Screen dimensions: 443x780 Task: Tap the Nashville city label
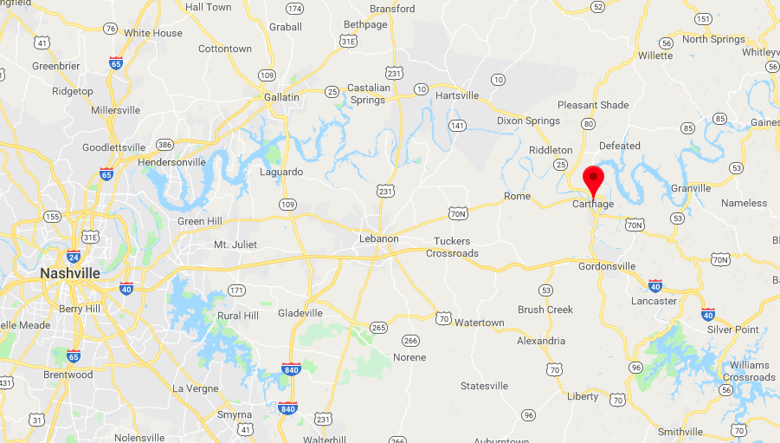pos(69,273)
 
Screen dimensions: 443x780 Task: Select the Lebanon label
pos(379,238)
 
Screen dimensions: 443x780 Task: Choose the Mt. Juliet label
pos(235,244)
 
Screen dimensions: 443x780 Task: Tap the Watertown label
pos(479,322)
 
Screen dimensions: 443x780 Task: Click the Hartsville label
pos(456,95)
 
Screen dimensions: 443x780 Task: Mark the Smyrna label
pos(234,415)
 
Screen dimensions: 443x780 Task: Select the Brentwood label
pos(68,375)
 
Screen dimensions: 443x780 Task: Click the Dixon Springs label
pos(530,121)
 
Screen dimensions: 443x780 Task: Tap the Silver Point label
pos(732,329)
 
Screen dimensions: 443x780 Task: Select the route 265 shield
pos(377,327)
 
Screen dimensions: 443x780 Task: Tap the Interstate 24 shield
pos(74,257)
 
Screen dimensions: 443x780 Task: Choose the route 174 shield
pos(295,9)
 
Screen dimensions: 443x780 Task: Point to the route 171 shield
pos(236,290)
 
